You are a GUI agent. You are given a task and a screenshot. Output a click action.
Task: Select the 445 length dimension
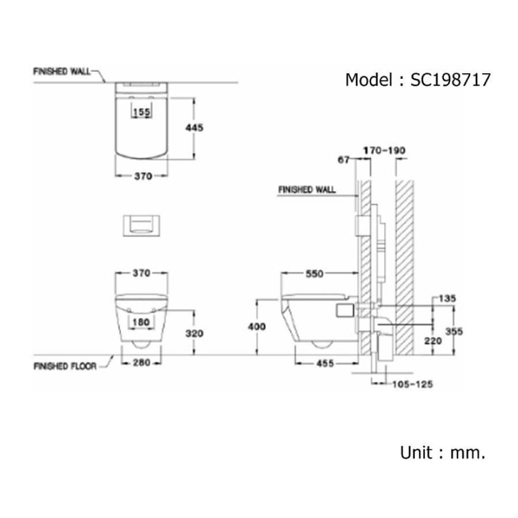click(x=195, y=128)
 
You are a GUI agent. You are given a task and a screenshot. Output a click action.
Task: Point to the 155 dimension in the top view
click(x=142, y=112)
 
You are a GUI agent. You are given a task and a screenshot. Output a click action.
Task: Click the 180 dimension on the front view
click(x=142, y=322)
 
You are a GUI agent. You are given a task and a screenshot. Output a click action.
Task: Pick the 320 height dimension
click(x=195, y=333)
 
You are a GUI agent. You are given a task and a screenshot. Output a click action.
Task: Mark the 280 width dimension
click(x=142, y=363)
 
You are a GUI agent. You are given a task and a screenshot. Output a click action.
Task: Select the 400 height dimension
click(x=257, y=326)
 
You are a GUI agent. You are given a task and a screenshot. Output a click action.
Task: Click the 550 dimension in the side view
click(x=314, y=275)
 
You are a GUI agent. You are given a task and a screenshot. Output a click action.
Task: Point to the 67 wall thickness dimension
click(x=344, y=160)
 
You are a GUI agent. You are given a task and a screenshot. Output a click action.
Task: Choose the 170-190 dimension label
click(x=384, y=151)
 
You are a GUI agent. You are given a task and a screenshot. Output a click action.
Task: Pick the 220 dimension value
click(x=433, y=340)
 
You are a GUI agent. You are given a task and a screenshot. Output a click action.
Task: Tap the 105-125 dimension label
click(x=412, y=384)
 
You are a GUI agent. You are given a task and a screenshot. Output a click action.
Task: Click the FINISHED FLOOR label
click(x=65, y=366)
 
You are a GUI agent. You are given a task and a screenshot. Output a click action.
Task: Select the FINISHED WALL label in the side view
click(x=307, y=189)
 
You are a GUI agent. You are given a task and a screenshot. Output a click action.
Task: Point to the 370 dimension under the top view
click(x=143, y=177)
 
